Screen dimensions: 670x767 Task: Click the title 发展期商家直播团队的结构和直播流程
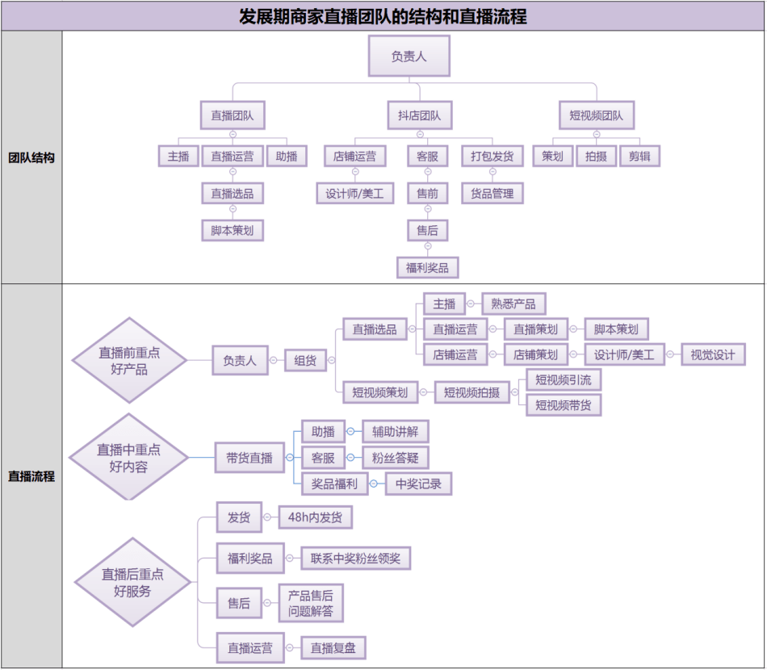coord(383,16)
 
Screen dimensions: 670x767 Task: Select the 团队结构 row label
coord(31,158)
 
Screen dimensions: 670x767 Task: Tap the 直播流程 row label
coord(31,476)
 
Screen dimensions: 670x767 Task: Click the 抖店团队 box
coord(420,115)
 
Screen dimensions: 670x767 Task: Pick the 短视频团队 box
coord(597,115)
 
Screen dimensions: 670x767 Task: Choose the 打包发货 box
coord(492,156)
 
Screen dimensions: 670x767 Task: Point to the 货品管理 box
coord(492,193)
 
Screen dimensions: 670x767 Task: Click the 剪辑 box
coord(639,157)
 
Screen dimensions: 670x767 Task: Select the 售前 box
coord(428,193)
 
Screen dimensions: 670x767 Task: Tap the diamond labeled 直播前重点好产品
coord(129,361)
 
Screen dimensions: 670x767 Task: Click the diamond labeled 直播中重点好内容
coord(128,458)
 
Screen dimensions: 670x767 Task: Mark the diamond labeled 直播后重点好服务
coord(132,582)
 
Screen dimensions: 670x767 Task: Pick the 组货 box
coord(305,361)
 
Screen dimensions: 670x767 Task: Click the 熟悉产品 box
coord(513,304)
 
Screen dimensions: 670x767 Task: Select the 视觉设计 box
coord(713,354)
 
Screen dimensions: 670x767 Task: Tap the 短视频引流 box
coord(564,379)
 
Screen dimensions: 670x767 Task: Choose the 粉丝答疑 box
coord(395,458)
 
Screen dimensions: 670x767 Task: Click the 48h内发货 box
coord(315,518)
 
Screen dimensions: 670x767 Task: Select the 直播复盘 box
coord(333,647)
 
